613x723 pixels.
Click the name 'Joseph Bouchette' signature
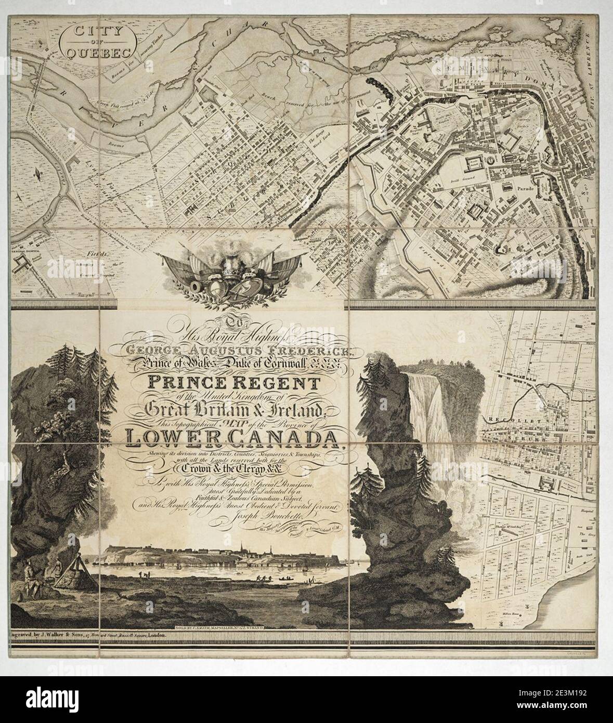[x=251, y=517]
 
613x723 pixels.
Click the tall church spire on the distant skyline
[x=242, y=550]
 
